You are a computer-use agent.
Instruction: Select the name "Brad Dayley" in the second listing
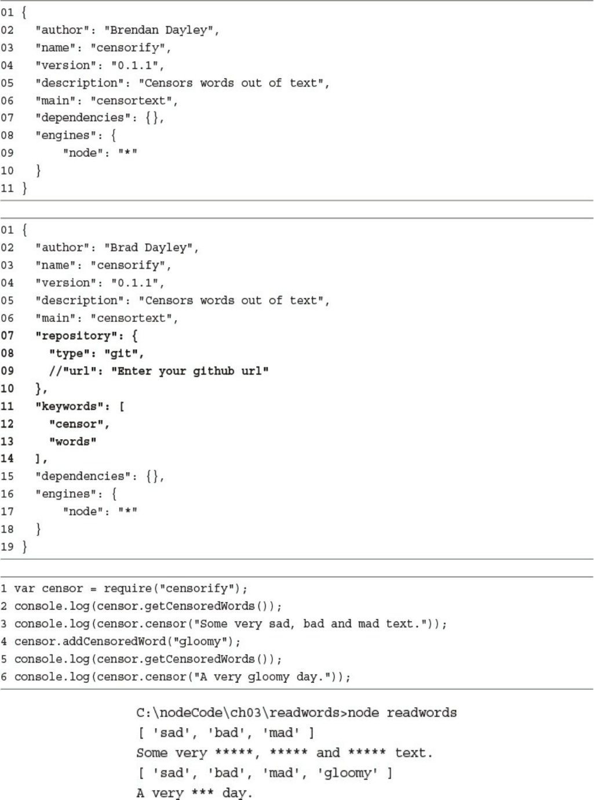pyautogui.click(x=151, y=248)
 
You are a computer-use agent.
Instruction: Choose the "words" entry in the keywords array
pyautogui.click(x=73, y=441)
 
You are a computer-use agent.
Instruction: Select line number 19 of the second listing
pyautogui.click(x=7, y=546)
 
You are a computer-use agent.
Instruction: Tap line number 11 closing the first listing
pyautogui.click(x=7, y=188)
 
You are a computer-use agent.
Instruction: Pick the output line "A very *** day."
pyautogui.click(x=194, y=792)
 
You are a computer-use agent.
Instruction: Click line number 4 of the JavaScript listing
pyautogui.click(x=4, y=641)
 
